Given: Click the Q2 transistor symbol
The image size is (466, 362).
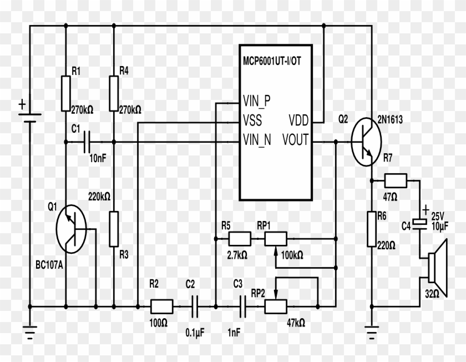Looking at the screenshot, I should [366, 142].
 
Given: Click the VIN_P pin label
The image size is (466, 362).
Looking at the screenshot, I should [256, 102].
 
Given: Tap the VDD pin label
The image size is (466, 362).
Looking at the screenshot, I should [299, 120].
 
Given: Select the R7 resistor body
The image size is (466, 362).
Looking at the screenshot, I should [396, 180].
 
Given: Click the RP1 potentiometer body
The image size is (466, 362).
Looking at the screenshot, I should [275, 239].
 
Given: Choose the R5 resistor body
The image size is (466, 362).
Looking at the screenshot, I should [240, 239].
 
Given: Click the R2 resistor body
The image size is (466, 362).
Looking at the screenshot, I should [162, 305].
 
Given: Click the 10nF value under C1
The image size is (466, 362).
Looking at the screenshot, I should [98, 158].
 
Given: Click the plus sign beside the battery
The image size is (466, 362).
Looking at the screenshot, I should [22, 104].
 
